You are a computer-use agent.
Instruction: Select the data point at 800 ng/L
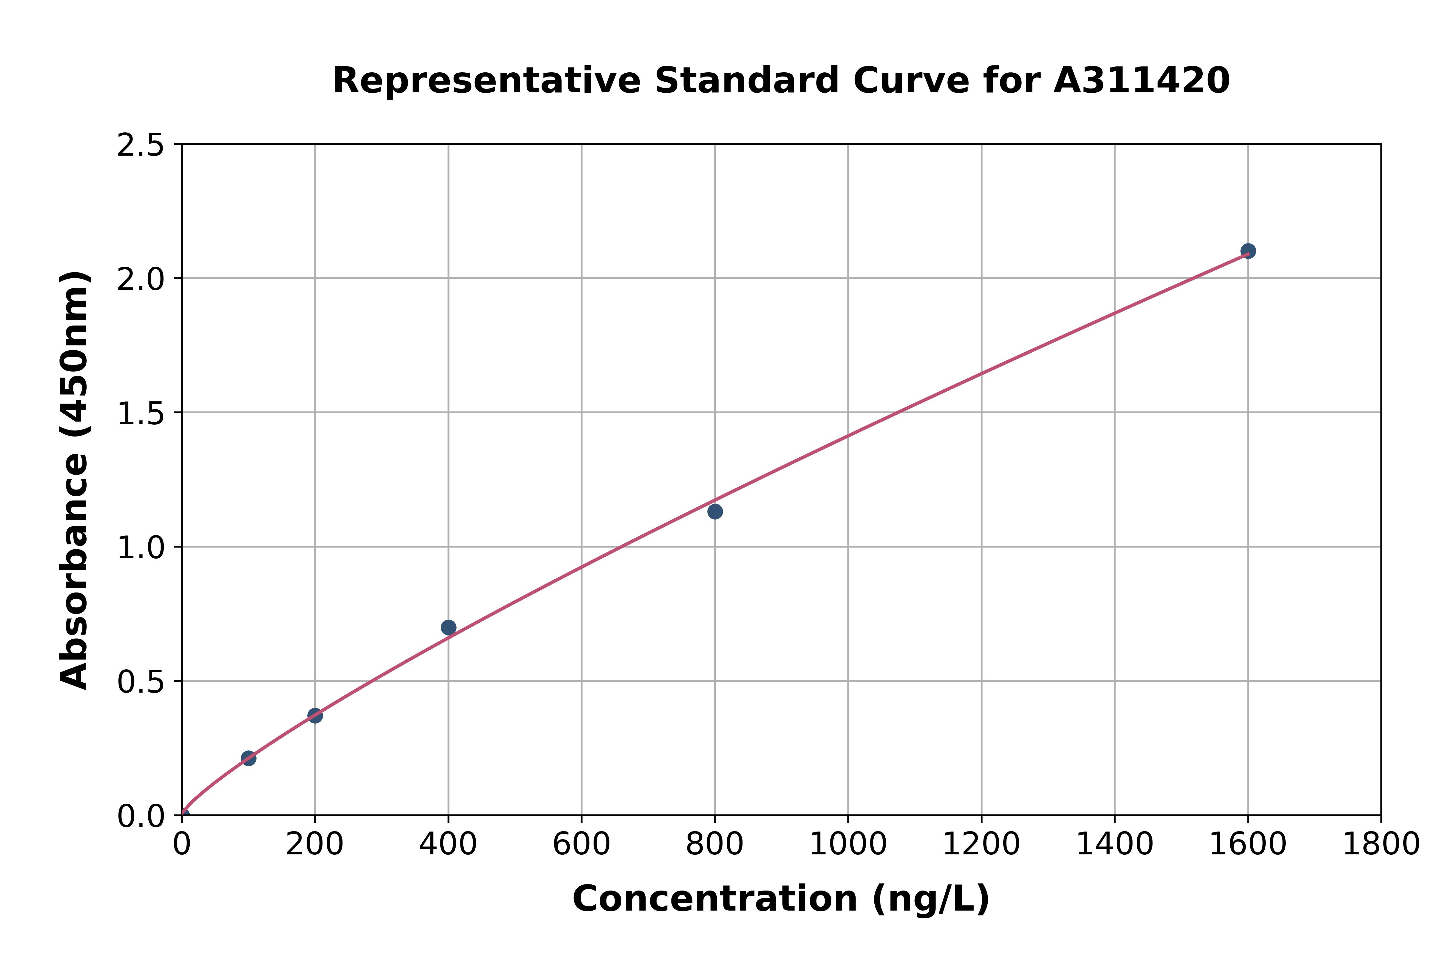pos(715,511)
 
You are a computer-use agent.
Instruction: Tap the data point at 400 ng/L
pos(448,627)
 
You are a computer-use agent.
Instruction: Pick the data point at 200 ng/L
pos(315,716)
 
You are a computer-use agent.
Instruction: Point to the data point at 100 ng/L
pos(248,758)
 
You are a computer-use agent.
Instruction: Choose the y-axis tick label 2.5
pos(141,146)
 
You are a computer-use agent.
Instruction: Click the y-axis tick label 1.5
pos(141,413)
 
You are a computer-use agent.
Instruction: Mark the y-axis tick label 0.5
pos(141,681)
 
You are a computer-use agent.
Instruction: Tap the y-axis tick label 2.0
pos(141,280)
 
